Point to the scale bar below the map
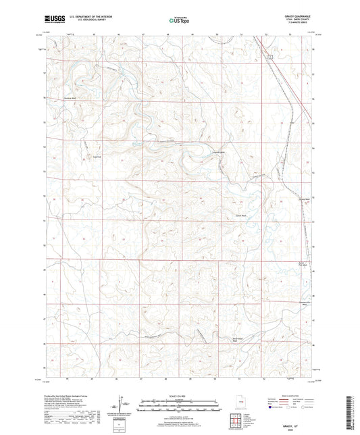(180, 406)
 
